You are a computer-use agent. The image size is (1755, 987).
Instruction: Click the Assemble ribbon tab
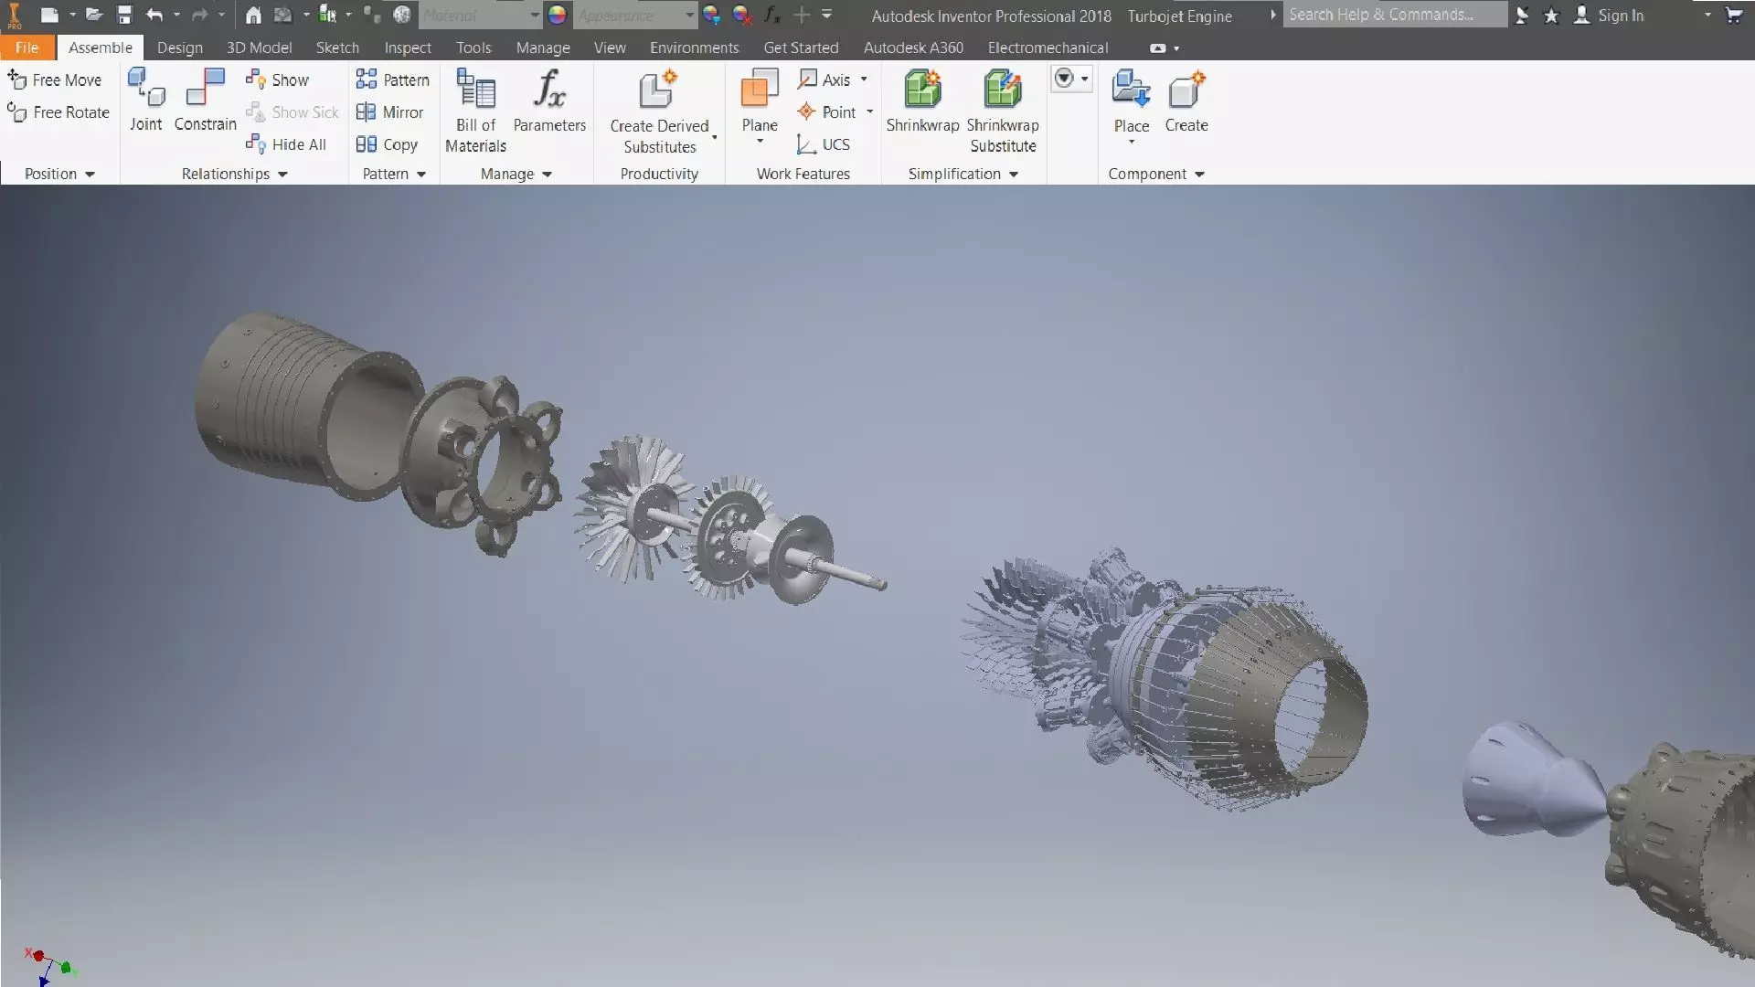100,48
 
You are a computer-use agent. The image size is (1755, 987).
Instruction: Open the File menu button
27,48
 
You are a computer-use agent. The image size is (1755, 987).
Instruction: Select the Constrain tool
205,101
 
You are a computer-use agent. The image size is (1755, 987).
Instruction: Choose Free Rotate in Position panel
58,112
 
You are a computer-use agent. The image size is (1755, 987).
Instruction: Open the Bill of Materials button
475,110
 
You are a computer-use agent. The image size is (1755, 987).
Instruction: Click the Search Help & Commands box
1394,15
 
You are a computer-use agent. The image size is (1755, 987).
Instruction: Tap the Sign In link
1620,16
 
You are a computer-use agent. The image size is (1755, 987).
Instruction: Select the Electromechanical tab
1048,48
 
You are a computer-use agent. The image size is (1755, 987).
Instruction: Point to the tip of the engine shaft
881,583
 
